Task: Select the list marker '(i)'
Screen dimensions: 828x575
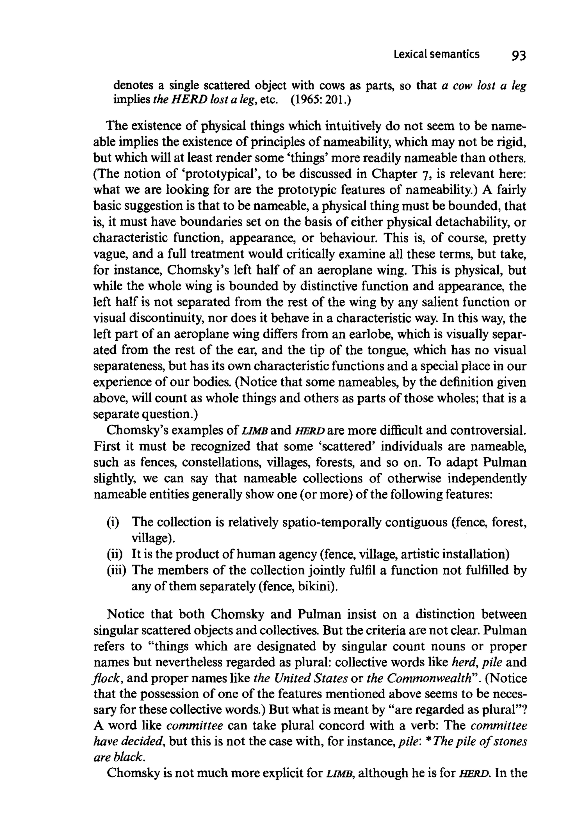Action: [x=113, y=522]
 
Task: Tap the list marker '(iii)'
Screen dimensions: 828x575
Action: [x=116, y=570]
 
